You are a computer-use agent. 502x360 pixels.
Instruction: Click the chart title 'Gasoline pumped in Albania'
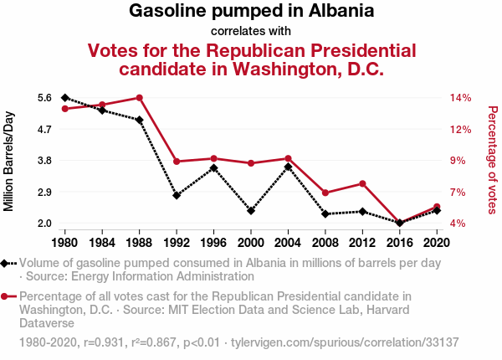click(251, 12)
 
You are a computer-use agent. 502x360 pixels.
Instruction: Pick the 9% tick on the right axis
click(458, 161)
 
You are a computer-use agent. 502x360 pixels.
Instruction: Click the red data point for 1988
click(140, 98)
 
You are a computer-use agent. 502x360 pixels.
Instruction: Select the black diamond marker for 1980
click(65, 98)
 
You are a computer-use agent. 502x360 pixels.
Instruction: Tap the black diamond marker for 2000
click(251, 211)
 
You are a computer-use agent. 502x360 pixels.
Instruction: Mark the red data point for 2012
click(362, 183)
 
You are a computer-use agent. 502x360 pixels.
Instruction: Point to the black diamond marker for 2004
click(288, 167)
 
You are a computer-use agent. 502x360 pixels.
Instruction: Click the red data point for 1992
click(177, 162)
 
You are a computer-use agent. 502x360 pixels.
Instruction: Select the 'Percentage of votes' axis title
click(493, 159)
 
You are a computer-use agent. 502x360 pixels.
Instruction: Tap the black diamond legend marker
click(6, 263)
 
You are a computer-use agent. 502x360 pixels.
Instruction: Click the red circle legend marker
click(6, 296)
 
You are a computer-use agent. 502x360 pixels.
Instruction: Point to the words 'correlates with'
click(251, 32)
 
